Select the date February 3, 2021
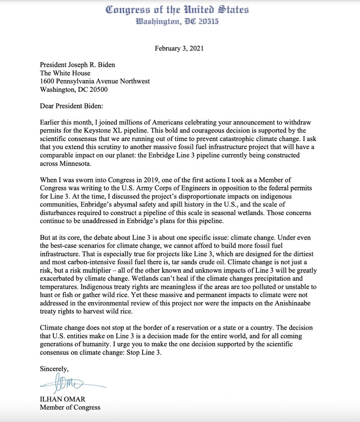pyautogui.click(x=179, y=48)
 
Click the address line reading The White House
pyautogui.click(x=65, y=73)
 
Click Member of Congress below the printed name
pyautogui.click(x=70, y=408)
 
